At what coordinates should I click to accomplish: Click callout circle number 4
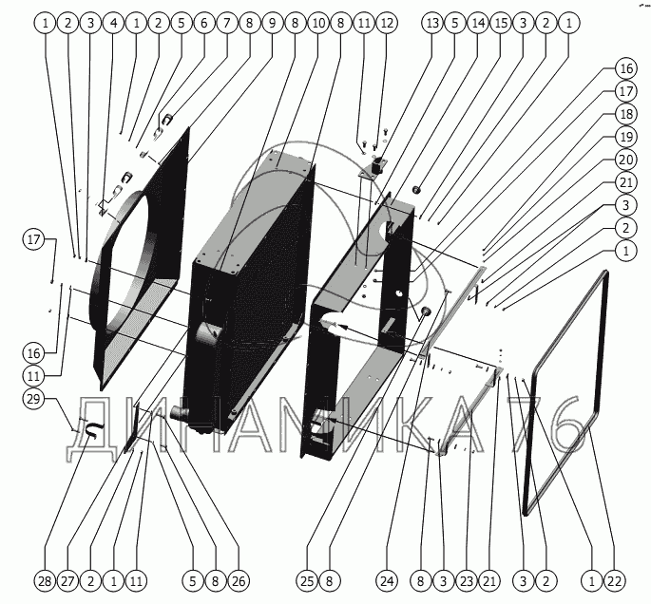click(x=112, y=20)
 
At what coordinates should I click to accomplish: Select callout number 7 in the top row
click(x=226, y=20)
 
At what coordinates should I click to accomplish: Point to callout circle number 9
click(x=272, y=20)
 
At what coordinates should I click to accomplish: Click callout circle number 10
click(x=317, y=20)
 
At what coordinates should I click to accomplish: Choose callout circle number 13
click(x=432, y=20)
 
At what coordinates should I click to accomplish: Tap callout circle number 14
click(x=478, y=20)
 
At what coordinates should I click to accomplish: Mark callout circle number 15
click(x=501, y=20)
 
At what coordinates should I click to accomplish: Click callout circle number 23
click(x=465, y=579)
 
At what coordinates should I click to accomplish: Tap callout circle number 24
click(x=385, y=579)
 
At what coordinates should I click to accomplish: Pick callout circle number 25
click(x=305, y=579)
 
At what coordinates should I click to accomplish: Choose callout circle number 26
click(x=238, y=579)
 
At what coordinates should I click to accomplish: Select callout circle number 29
click(x=35, y=401)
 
